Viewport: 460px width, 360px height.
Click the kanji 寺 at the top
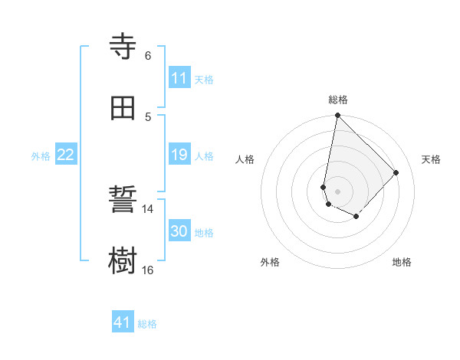click(123, 47)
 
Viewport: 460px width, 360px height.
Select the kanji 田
click(123, 108)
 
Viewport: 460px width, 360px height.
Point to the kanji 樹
click(123, 260)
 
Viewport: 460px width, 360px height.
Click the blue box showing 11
click(179, 78)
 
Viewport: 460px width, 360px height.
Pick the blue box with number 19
click(179, 155)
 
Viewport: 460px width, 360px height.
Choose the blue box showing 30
click(179, 231)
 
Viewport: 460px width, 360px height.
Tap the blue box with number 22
click(66, 155)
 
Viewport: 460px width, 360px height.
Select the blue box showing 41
click(123, 322)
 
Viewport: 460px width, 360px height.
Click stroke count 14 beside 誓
click(148, 209)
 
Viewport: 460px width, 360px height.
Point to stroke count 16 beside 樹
click(148, 270)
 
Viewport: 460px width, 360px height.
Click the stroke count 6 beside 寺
click(148, 56)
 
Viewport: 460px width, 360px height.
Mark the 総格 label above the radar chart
click(338, 100)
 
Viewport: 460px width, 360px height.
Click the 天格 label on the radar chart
click(432, 159)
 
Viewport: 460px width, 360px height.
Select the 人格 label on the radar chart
click(245, 159)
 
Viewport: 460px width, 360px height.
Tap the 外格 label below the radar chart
click(270, 262)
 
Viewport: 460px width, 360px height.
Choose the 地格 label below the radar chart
click(402, 262)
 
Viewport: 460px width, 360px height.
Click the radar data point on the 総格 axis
click(337, 116)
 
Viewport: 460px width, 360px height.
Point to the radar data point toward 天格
click(396, 172)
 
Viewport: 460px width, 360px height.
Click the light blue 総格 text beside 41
click(147, 324)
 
